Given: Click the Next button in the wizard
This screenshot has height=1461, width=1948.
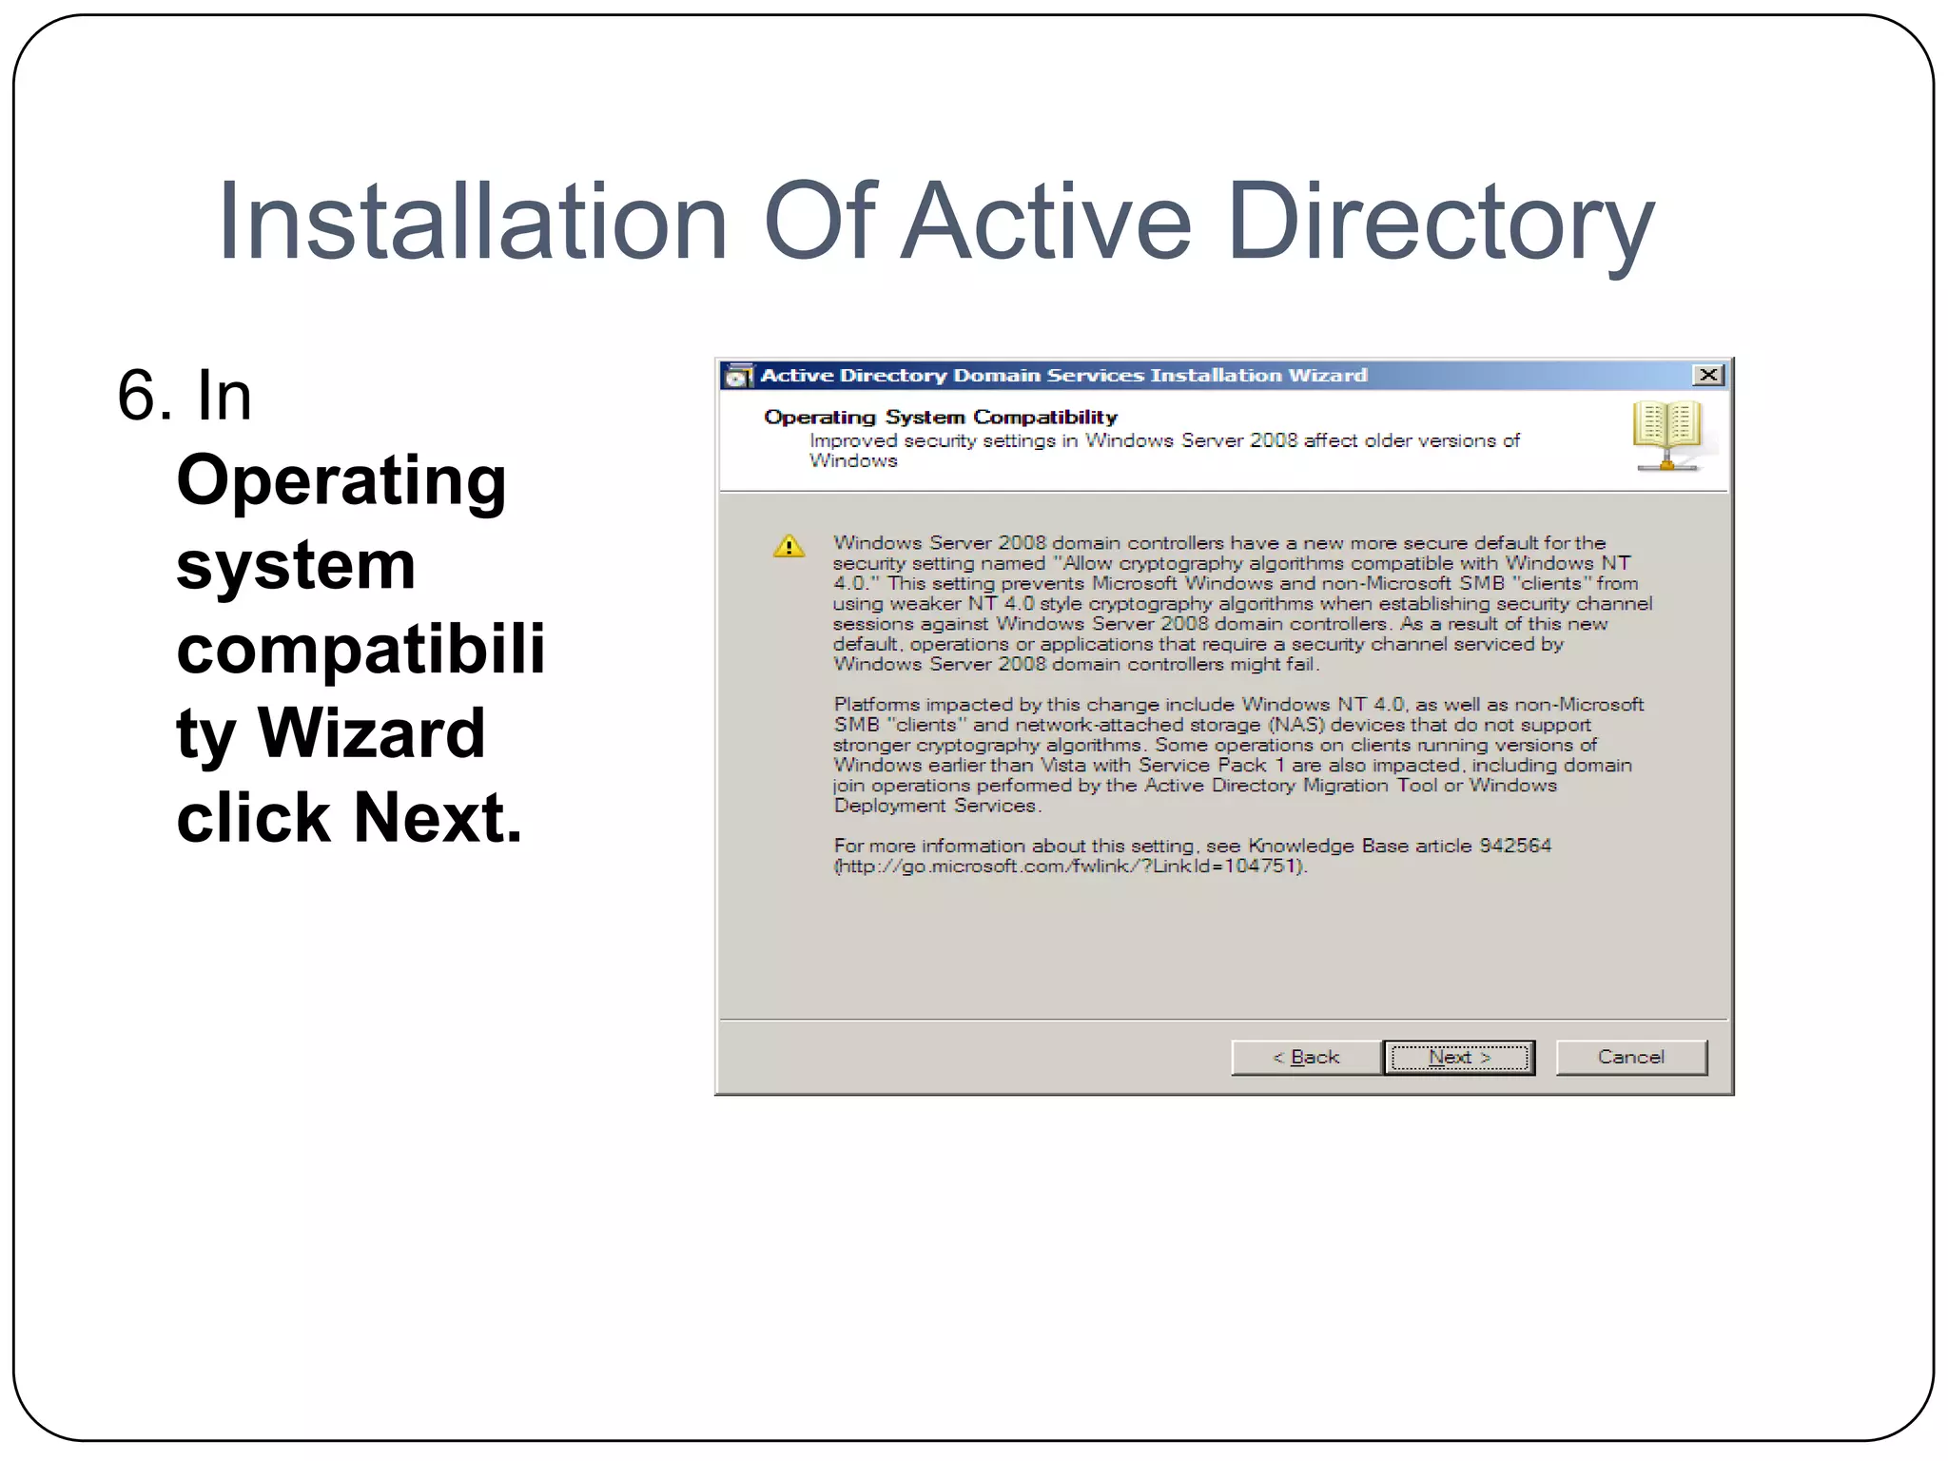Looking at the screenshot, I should click(x=1458, y=1057).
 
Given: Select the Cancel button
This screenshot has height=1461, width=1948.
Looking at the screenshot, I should click(x=1630, y=1057).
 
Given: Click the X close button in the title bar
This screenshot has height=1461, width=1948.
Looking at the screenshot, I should click(x=1708, y=375).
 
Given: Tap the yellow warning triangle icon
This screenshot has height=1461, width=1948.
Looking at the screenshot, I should click(x=789, y=547).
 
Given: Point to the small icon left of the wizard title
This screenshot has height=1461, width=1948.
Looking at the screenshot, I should click(x=737, y=376).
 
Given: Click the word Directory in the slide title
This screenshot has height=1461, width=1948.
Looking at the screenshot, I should click(x=1440, y=224).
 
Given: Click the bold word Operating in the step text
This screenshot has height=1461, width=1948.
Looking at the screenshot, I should click(x=341, y=480).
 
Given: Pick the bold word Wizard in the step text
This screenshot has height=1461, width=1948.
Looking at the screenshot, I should click(x=371, y=733).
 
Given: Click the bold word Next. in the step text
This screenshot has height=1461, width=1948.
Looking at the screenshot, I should click(x=438, y=818).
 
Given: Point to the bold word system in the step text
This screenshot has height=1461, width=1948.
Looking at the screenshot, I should click(x=296, y=565).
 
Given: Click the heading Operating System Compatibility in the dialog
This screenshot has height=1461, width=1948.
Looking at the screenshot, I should click(x=940, y=417).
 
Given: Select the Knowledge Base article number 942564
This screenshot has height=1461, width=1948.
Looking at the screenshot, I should click(x=1514, y=846).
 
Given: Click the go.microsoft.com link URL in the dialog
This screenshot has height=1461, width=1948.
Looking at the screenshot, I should click(x=1069, y=867).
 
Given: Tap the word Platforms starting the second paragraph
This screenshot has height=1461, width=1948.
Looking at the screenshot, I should click(x=876, y=705).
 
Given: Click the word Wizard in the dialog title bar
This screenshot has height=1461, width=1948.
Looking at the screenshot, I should click(x=1327, y=375).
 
